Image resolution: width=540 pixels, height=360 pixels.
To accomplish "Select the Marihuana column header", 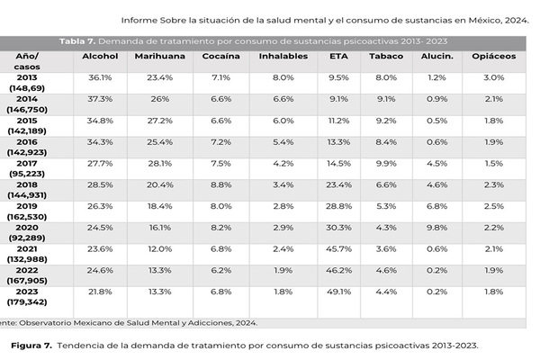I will click(x=154, y=56).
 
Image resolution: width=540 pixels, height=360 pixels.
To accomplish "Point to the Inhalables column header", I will click(x=278, y=56).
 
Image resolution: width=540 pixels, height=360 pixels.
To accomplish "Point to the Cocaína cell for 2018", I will click(x=220, y=184).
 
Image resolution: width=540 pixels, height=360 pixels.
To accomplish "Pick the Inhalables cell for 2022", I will click(x=278, y=269).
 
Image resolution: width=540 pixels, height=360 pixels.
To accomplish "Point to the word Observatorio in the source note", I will click(x=61, y=322).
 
